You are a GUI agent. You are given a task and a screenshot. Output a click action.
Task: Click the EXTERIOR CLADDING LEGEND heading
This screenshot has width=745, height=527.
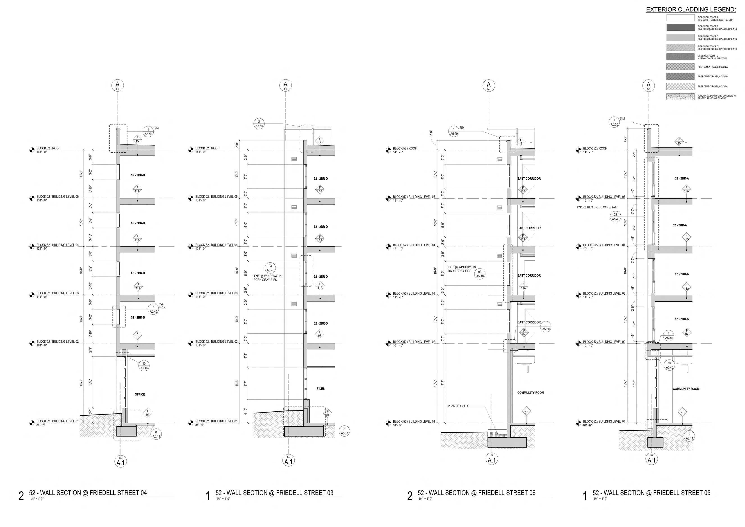point(691,10)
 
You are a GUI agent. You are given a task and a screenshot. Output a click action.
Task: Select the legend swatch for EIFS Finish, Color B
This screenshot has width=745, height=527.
point(680,27)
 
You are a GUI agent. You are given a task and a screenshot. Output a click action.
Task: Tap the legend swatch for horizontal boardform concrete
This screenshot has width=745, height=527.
point(680,97)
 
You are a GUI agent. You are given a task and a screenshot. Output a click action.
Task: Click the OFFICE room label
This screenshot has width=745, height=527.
point(140,394)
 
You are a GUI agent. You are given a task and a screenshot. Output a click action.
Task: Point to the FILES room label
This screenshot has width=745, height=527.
point(321,388)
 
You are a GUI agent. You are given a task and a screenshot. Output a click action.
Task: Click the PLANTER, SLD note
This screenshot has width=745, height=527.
point(458,406)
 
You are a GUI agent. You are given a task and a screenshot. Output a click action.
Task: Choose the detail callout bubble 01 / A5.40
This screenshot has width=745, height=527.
point(153,309)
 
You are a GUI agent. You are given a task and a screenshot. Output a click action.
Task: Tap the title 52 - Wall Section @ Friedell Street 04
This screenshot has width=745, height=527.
point(88,493)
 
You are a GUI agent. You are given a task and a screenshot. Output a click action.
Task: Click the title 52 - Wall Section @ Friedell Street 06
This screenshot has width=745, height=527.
point(476,493)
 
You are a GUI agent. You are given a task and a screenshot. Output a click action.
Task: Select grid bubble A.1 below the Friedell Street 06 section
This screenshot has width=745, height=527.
point(492,459)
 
